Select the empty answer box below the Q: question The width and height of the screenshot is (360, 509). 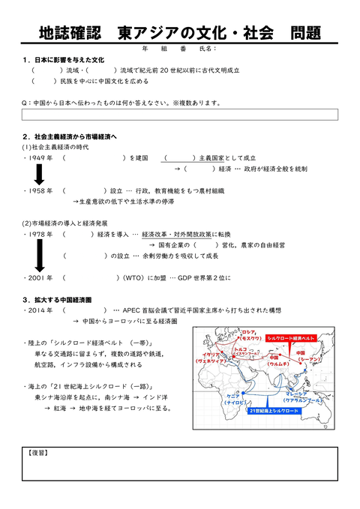(180, 115)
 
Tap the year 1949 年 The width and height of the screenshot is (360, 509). (39, 158)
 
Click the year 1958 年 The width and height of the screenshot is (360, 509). (39, 191)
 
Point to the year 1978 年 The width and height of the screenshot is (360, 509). (39, 235)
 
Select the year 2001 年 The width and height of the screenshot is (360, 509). (39, 278)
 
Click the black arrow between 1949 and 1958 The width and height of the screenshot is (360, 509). (39, 175)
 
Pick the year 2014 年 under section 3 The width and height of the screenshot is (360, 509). (39, 310)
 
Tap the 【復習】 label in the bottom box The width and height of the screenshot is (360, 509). (38, 454)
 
